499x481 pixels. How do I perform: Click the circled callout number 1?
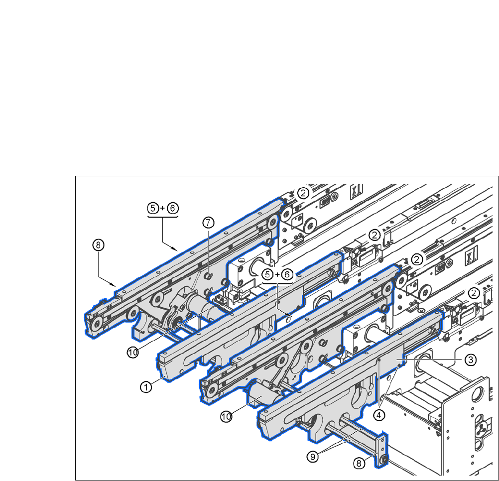[x=146, y=387]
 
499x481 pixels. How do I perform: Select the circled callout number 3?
[x=470, y=360]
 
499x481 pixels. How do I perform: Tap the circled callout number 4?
[x=378, y=415]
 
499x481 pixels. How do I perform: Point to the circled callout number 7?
[x=209, y=223]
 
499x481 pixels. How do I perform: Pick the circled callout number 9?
[x=313, y=457]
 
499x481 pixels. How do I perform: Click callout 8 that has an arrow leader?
[x=98, y=245]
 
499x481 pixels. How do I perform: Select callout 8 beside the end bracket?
[x=359, y=463]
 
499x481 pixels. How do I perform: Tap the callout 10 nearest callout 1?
[x=132, y=353]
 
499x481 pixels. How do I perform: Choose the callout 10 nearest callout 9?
[x=226, y=416]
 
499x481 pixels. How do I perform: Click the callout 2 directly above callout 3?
[x=474, y=293]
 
